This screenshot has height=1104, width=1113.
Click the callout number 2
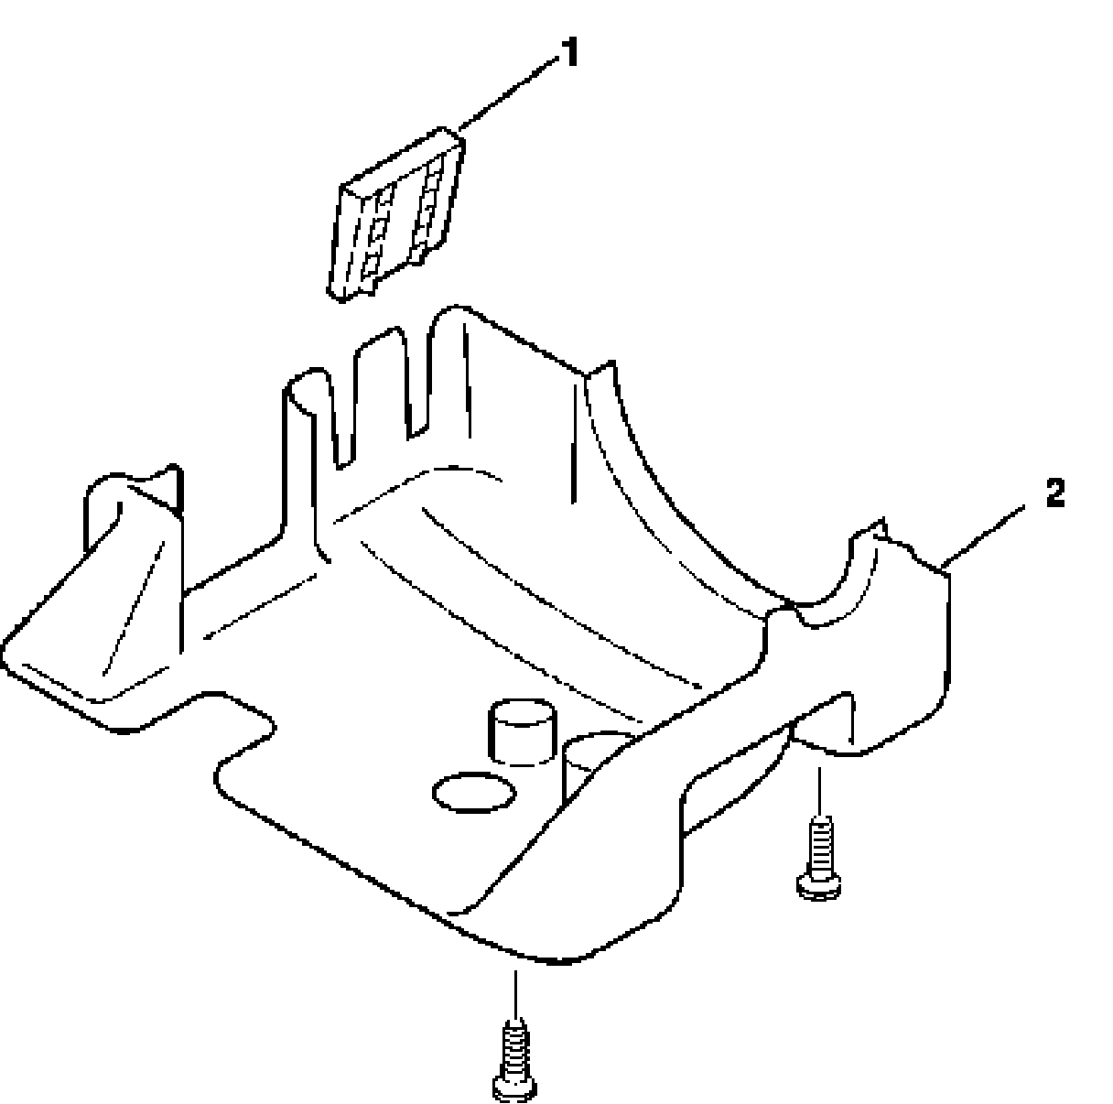1054,494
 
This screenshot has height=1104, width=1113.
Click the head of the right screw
820,884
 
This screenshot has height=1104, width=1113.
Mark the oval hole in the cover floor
474,793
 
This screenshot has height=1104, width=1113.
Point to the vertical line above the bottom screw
516,992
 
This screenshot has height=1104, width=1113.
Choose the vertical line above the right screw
819,792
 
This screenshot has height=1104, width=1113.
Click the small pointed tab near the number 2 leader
881,529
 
